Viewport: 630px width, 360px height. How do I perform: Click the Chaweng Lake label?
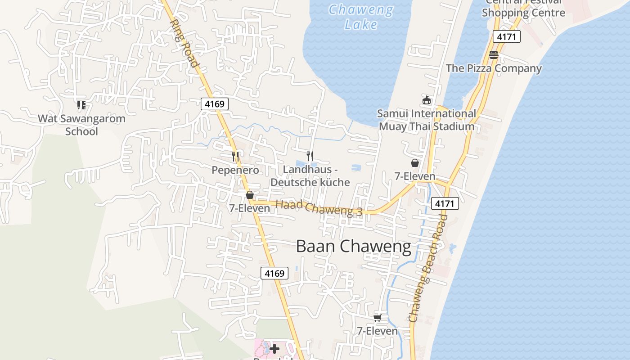(361, 17)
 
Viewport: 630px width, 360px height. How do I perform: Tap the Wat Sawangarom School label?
(81, 125)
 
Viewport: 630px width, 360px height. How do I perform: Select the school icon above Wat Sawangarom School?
(81, 105)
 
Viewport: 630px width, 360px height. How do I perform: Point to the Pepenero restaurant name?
(235, 170)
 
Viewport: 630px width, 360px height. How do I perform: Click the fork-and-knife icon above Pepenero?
(235, 157)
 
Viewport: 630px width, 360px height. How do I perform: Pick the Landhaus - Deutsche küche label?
(310, 176)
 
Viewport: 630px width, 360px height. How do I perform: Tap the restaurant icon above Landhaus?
(310, 156)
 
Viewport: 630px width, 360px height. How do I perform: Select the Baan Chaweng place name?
(353, 247)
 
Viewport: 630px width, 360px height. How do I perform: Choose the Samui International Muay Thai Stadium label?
(426, 120)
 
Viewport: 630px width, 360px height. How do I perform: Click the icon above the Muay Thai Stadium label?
(427, 100)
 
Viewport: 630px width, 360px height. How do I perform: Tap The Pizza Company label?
(494, 68)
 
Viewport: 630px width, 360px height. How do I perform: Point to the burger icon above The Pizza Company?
(494, 55)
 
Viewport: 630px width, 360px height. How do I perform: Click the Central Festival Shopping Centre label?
(523, 9)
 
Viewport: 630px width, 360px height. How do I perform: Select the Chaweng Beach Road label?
(428, 268)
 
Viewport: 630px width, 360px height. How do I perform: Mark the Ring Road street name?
(184, 43)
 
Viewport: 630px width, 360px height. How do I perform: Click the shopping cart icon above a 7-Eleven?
(377, 318)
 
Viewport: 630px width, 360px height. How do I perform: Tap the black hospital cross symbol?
(274, 348)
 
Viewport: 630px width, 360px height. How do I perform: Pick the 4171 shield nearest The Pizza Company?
(506, 36)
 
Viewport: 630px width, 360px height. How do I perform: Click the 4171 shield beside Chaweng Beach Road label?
(445, 203)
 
